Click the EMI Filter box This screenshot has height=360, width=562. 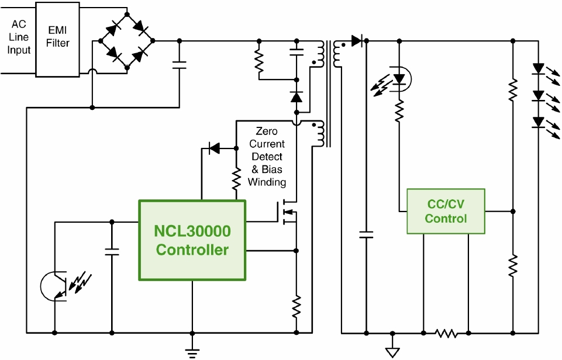coord(58,39)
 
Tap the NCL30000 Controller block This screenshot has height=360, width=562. coord(192,240)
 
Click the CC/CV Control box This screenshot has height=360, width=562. coord(446,211)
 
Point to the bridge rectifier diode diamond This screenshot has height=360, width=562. coord(127,41)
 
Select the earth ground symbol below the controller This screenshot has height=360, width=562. coord(192,352)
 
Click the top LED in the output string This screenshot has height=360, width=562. coord(539,69)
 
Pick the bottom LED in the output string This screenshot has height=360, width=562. coord(539,122)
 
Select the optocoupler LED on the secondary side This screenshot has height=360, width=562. coord(399,78)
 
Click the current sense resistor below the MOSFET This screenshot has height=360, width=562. coord(296,306)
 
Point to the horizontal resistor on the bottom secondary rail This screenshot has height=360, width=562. coord(446,333)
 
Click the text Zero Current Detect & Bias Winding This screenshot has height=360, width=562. coord(267,157)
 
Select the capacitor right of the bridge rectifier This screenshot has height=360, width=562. coord(180,66)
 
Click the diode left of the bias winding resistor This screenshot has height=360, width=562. coord(215,149)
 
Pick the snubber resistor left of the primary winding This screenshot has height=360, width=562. coord(258,61)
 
